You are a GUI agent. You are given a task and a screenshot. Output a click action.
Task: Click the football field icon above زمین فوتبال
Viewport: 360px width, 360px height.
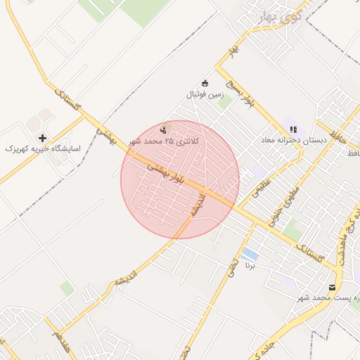click(x=205, y=83)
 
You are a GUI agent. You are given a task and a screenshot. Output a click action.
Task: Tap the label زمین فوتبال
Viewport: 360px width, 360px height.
click(x=204, y=94)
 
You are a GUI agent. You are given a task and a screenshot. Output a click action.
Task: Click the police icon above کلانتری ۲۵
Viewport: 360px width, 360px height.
click(x=164, y=129)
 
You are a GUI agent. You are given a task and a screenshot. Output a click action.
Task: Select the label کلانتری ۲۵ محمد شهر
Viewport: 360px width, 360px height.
click(x=164, y=141)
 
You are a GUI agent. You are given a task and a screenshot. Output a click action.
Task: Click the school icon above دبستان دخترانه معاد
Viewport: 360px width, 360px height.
click(x=293, y=129)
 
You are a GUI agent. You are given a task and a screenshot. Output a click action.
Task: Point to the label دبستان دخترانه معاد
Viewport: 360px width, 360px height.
click(x=294, y=141)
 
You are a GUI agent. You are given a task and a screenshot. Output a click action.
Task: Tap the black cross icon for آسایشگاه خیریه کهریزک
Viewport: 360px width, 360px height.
click(x=44, y=138)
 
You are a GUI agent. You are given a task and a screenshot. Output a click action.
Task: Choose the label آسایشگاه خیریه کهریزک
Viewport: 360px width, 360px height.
click(x=44, y=149)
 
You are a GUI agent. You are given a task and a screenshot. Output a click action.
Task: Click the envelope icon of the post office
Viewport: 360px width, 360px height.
click(x=332, y=287)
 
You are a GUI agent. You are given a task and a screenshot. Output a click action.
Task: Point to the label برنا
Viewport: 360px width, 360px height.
click(x=249, y=266)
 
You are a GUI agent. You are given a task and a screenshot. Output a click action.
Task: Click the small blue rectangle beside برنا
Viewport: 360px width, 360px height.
click(x=249, y=254)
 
